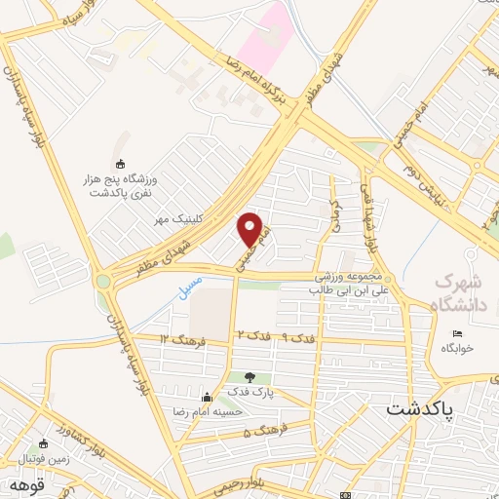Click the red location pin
[250, 228]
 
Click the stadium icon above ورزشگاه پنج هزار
[121, 163]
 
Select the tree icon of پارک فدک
[250, 377]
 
